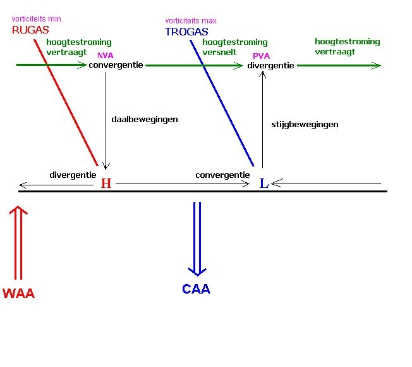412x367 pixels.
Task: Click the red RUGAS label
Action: (x=30, y=30)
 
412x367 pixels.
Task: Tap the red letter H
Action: (x=106, y=183)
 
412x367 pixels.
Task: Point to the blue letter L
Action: (x=264, y=183)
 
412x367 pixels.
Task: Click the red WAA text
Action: (x=18, y=294)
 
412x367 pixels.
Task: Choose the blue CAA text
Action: (x=196, y=289)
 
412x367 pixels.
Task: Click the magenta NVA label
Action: (x=105, y=56)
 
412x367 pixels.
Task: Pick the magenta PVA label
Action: (x=261, y=56)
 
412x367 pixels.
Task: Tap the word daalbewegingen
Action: (x=145, y=119)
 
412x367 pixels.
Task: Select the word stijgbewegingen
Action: (x=305, y=125)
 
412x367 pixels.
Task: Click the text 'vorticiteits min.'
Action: (x=37, y=19)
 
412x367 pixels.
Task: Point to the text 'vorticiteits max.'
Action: (x=191, y=21)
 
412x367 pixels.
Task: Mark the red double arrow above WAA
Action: (x=18, y=244)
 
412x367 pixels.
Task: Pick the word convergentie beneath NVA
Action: (x=116, y=65)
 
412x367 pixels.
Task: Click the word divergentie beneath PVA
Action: (x=270, y=66)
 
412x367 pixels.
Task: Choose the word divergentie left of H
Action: (x=73, y=175)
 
